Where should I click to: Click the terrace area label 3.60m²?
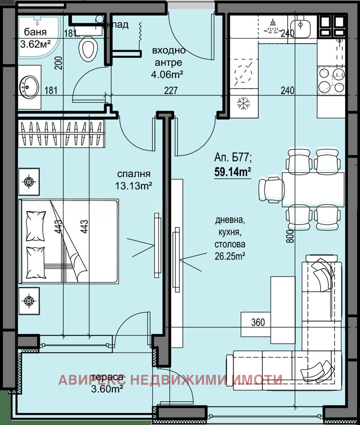click(x=106, y=390)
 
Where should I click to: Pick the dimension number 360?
click(x=258, y=322)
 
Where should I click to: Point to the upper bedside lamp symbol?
click(x=29, y=182)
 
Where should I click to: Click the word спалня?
click(x=133, y=174)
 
